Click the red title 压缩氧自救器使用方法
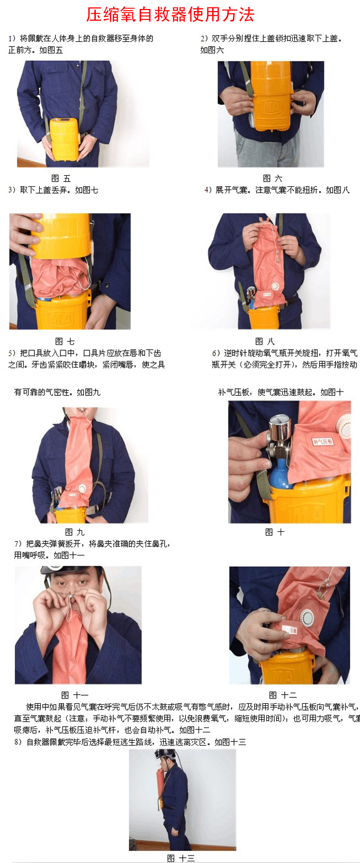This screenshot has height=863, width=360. [x=170, y=14]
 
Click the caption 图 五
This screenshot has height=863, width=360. [x=61, y=178]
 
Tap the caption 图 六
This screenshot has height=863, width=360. [x=273, y=178]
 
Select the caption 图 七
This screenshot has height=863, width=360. [x=65, y=341]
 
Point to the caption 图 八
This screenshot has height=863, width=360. [x=265, y=341]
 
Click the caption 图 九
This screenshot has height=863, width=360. [x=75, y=532]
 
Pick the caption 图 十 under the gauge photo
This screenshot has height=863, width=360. [x=275, y=532]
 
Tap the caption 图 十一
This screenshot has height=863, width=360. [x=75, y=695]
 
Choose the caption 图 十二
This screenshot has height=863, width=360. [x=283, y=695]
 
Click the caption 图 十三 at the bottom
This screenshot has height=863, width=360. [x=181, y=858]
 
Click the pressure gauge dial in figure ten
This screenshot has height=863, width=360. [x=281, y=424]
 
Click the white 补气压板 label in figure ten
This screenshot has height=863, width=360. [x=322, y=441]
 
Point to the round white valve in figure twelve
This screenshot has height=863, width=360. [x=307, y=619]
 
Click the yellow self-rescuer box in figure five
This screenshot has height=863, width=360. [x=65, y=140]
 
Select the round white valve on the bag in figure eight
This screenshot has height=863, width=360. [x=276, y=286]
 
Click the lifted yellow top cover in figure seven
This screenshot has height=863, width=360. [x=61, y=235]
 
